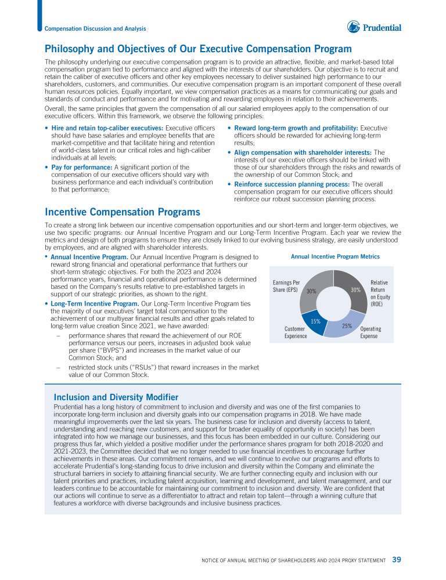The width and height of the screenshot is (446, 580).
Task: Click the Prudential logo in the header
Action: [x=374, y=27]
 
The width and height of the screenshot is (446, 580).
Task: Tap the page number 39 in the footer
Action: [x=397, y=560]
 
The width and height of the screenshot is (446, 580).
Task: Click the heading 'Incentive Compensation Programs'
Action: [x=123, y=212]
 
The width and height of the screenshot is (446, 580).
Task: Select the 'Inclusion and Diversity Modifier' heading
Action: [x=116, y=397]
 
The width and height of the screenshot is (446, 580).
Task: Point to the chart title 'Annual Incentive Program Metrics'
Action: [x=335, y=256]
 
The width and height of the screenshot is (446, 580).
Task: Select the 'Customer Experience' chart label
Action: [x=296, y=332]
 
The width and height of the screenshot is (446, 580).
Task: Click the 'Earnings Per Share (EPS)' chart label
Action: [x=286, y=286]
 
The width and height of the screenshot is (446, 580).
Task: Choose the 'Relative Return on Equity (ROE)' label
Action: [x=379, y=293]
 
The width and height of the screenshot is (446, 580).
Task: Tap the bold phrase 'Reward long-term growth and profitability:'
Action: [x=296, y=128]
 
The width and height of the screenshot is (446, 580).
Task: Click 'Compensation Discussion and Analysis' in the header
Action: [x=95, y=28]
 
